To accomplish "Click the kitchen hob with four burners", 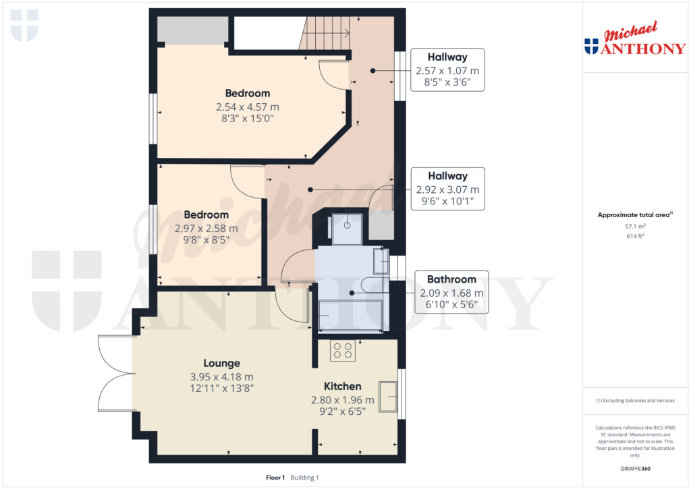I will coord(343,351).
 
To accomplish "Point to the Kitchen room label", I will coord(342,386).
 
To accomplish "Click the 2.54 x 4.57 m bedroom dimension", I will coord(247,107).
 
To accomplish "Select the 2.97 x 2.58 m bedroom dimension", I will coord(206,228).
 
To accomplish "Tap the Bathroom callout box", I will coord(451,292).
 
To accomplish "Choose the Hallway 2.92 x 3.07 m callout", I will coord(447,188).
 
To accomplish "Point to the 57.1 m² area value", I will coord(635,227).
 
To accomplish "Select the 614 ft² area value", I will coord(635,237).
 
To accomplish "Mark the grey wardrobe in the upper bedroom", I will coord(192,30).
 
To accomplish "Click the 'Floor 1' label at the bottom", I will coord(275,478).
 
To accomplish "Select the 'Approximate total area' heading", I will coord(634,215).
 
